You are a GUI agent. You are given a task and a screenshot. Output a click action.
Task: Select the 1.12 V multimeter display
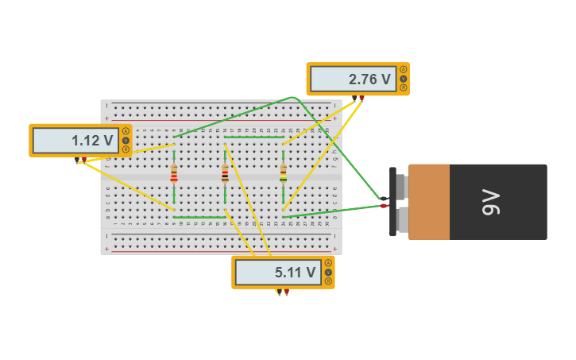tap(76, 141)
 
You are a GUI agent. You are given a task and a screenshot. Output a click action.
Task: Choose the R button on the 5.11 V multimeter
tap(328, 281)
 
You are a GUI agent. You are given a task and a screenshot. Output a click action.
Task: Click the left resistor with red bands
tap(174, 173)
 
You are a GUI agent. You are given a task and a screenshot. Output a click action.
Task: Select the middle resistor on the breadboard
tap(225, 173)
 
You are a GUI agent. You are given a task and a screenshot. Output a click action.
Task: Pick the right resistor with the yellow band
tap(283, 173)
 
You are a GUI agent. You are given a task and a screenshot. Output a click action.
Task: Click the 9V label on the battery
tap(491, 202)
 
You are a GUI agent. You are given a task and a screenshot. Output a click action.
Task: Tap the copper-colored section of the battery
tap(429, 202)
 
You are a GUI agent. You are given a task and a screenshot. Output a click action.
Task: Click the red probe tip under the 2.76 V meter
tap(361, 98)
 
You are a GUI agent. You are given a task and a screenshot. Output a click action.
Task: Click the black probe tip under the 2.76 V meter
tap(354, 98)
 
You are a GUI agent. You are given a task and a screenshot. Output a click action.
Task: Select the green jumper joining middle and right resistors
tap(253, 137)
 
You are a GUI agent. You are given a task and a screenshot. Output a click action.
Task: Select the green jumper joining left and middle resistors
tap(199, 217)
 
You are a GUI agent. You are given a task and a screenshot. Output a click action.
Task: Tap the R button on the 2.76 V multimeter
tap(404, 87)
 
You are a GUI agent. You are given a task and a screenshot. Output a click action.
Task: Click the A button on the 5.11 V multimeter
tap(328, 263)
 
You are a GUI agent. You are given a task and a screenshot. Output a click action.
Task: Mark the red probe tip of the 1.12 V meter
tap(84, 160)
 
